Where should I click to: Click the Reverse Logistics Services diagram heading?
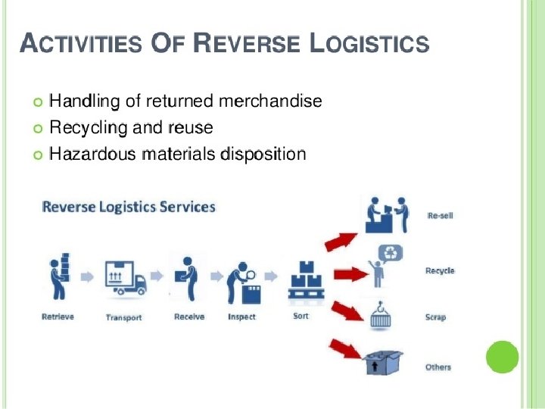[x=129, y=206]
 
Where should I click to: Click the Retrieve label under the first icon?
[x=58, y=317]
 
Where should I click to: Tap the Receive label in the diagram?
[x=189, y=317]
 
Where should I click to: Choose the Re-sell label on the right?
[x=440, y=216]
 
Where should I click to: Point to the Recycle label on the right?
[x=440, y=270]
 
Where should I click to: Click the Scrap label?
[x=435, y=317]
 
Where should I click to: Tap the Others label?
[x=438, y=367]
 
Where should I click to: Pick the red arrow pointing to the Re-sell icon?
[x=340, y=240]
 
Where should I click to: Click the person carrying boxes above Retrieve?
[x=58, y=279]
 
